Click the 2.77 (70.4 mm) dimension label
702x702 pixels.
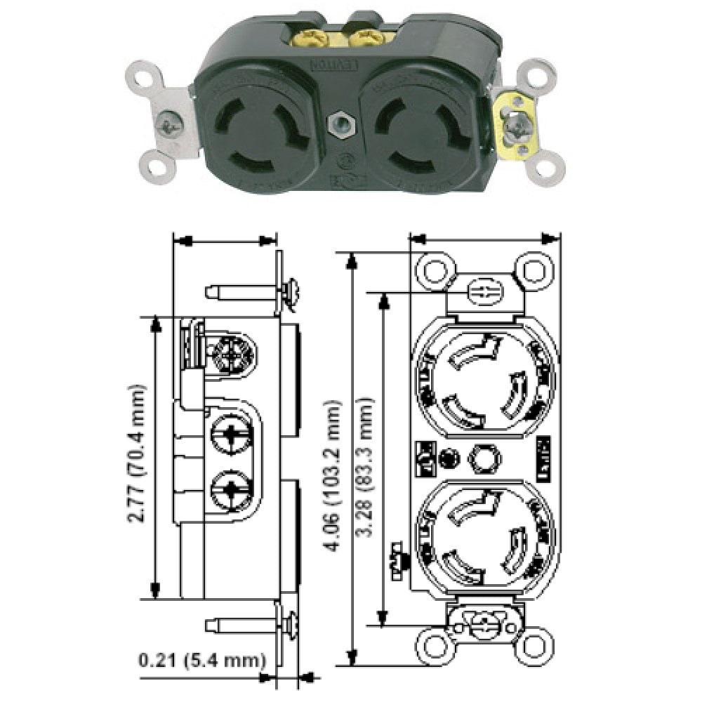[x=138, y=456]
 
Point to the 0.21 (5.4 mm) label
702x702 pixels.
[x=202, y=660]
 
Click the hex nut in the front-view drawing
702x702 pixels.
[x=483, y=458]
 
